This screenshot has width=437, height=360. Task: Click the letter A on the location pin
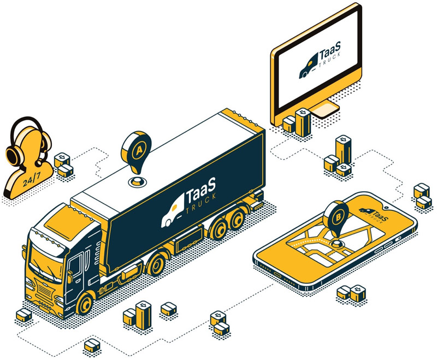click(139, 151)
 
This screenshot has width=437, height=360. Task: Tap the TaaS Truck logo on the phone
click(373, 214)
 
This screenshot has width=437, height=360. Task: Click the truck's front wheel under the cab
click(84, 303)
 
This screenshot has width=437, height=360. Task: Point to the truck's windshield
click(45, 261)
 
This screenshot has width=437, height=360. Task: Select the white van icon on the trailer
click(172, 213)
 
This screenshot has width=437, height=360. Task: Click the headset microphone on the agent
click(39, 162)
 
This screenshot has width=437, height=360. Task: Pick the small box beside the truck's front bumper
click(23, 315)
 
